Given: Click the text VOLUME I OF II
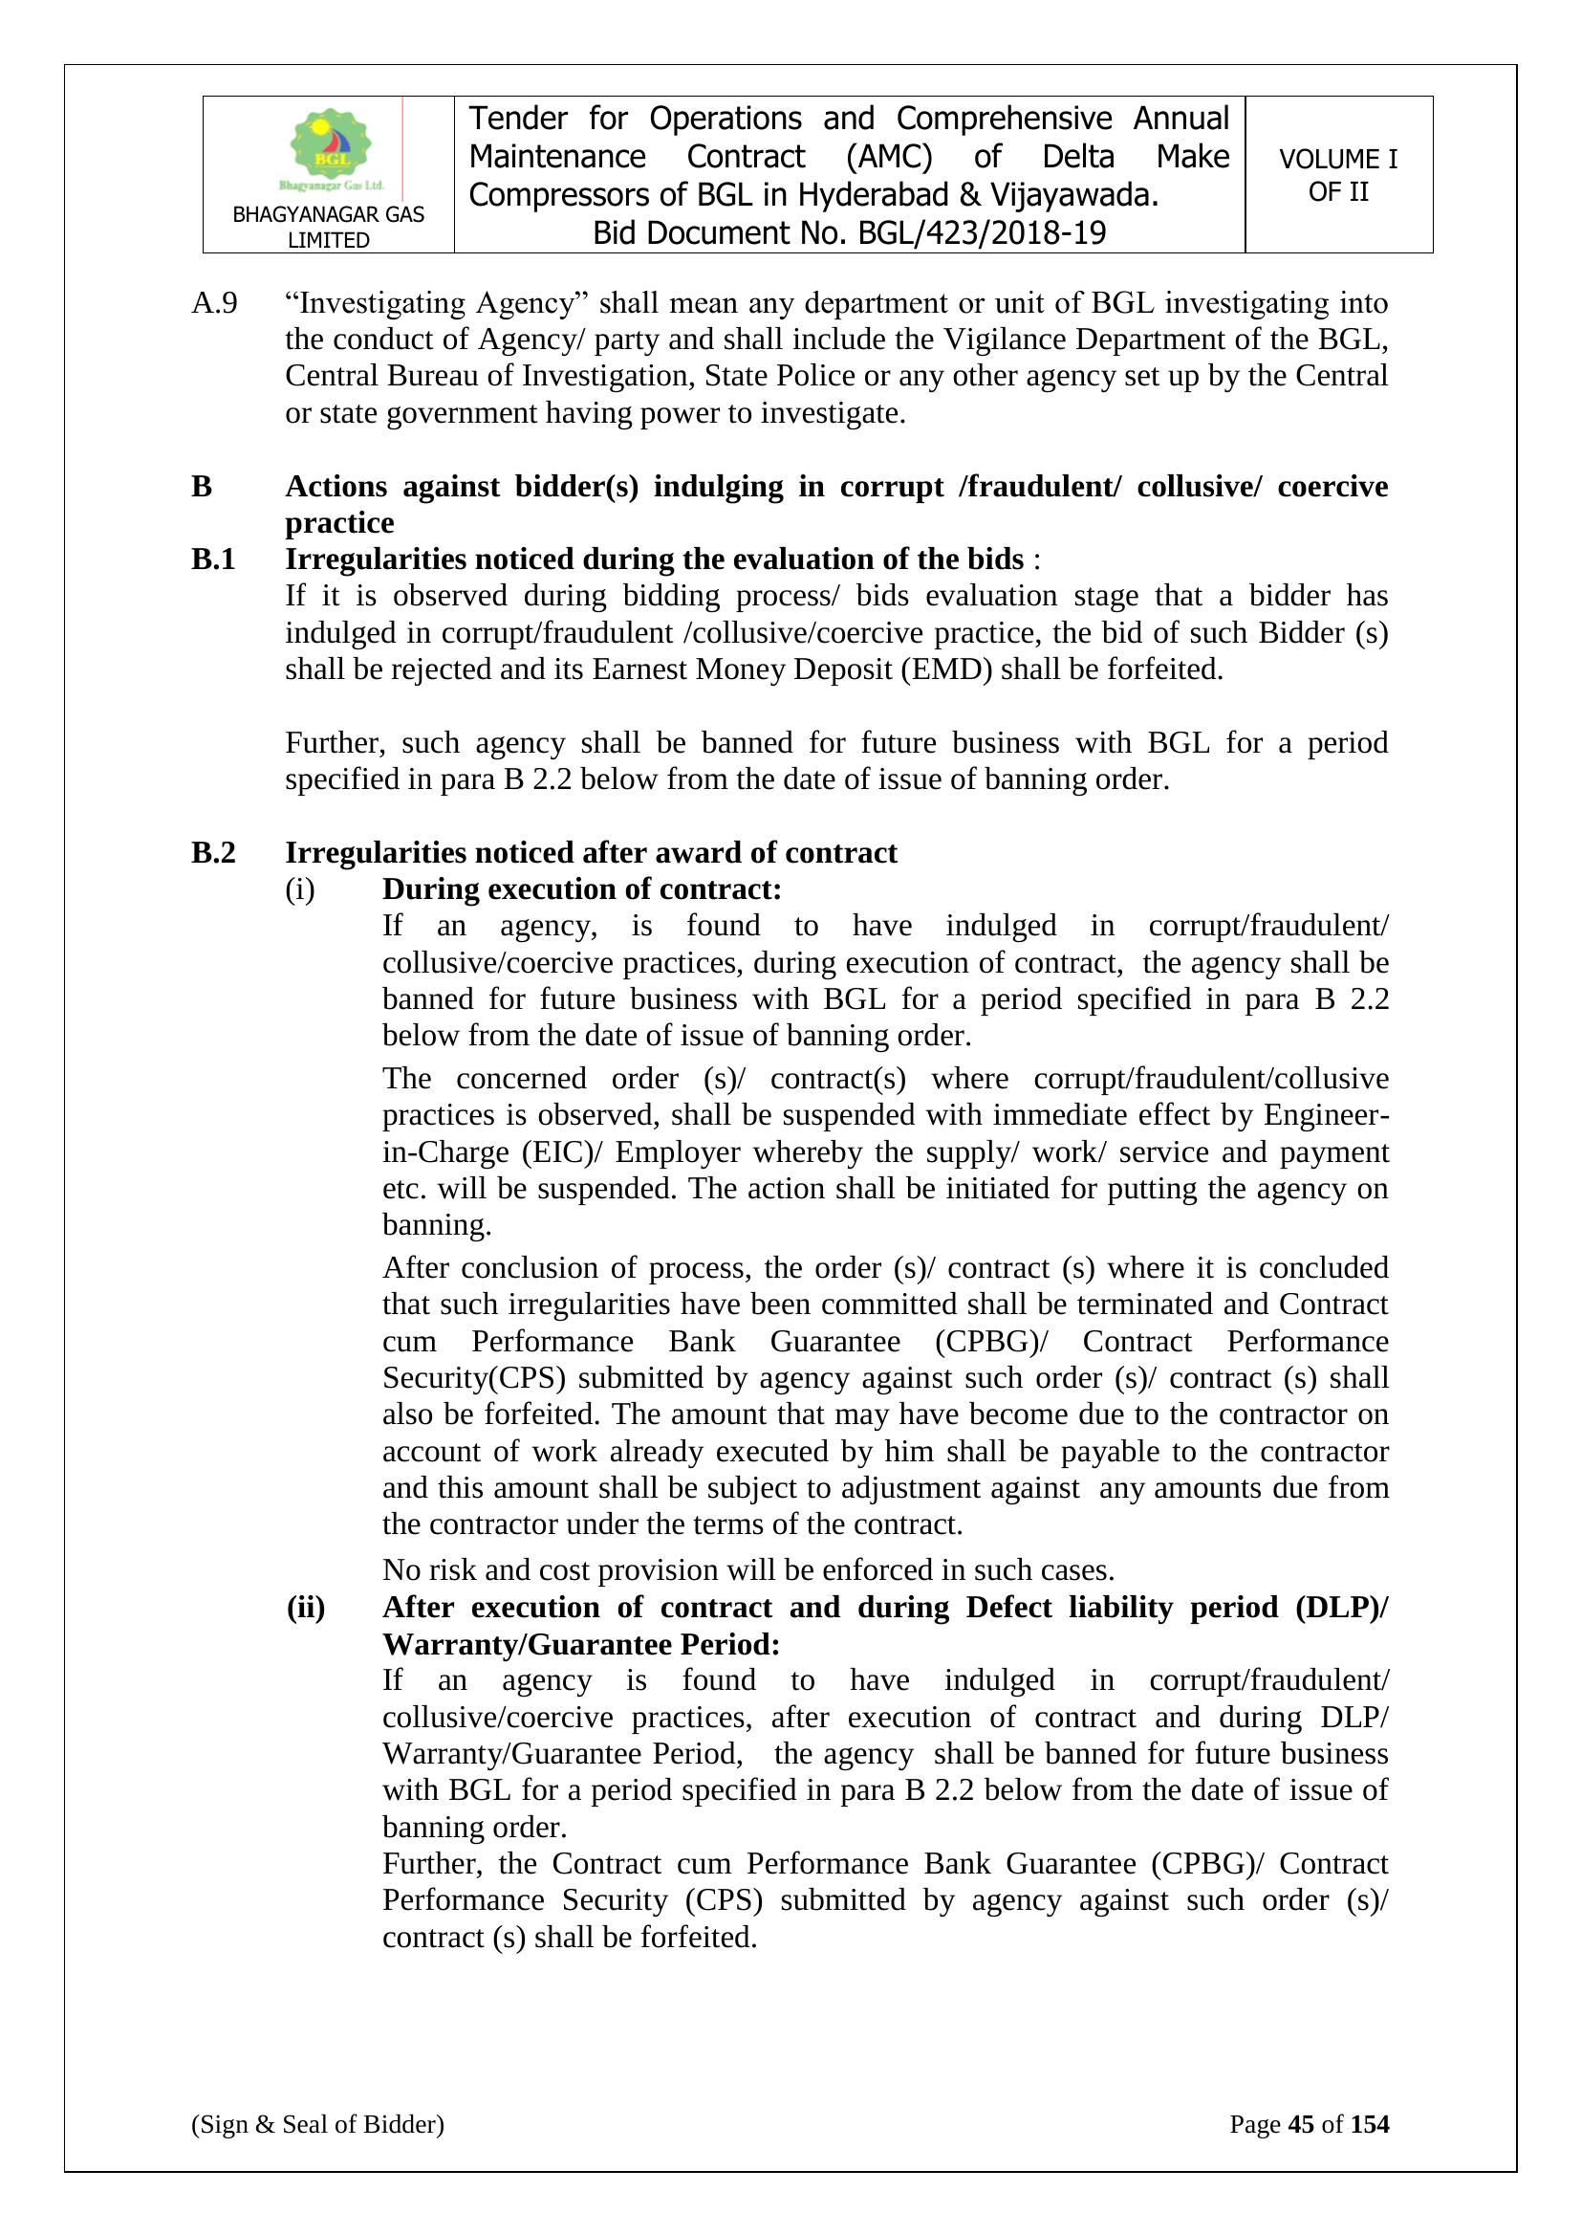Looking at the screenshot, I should click(x=1337, y=175).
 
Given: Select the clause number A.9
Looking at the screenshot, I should click(x=214, y=304).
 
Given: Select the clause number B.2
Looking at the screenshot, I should click(x=213, y=853).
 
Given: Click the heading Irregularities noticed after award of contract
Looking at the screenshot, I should click(x=590, y=853).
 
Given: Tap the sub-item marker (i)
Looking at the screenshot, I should click(x=300, y=890).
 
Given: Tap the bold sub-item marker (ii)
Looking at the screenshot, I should click(x=306, y=1608).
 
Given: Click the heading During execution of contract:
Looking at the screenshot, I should click(x=581, y=890).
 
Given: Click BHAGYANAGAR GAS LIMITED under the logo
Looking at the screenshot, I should click(x=328, y=227).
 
